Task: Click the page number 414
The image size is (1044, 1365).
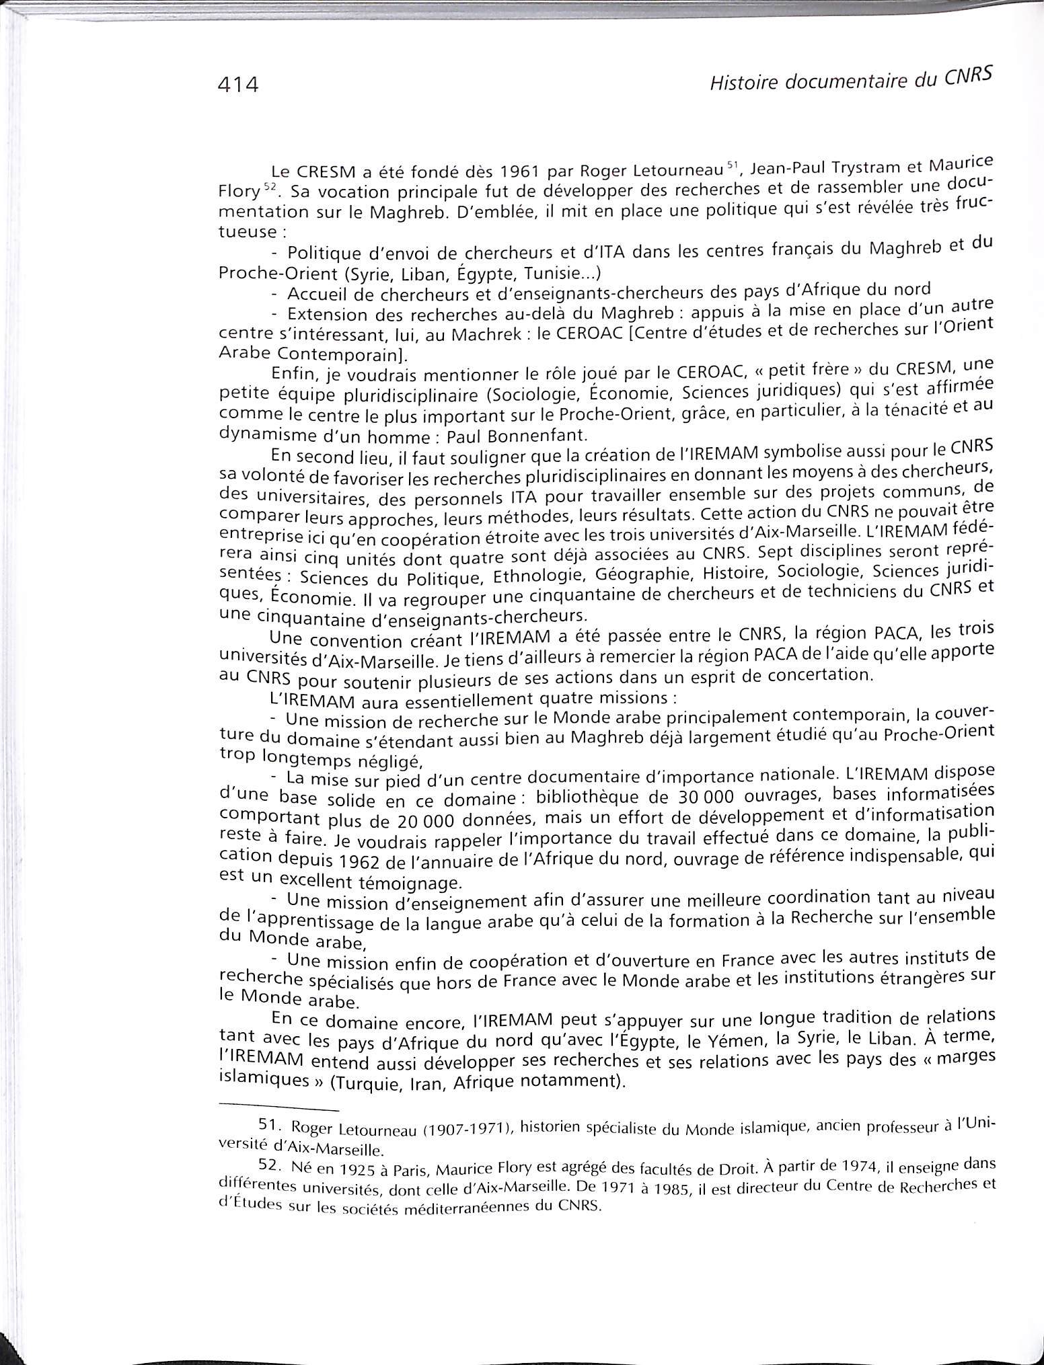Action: (x=238, y=85)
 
